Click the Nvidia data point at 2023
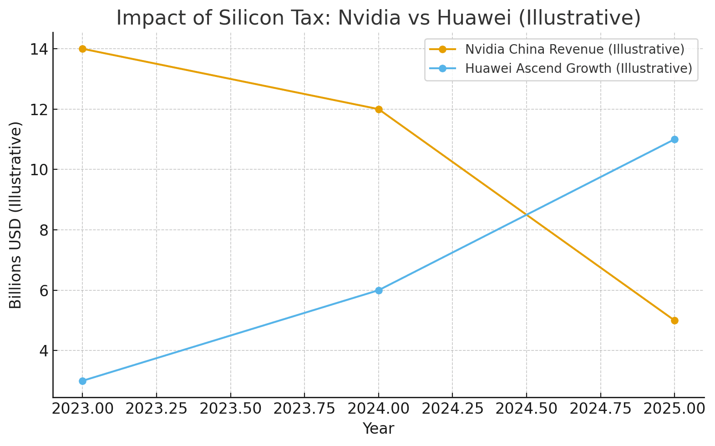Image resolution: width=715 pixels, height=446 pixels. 82,49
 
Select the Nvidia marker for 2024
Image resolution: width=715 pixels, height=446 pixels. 379,109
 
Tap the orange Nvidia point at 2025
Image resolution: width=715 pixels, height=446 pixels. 674,320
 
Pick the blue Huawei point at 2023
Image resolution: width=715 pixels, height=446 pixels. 82,381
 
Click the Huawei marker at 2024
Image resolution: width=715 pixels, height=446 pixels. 379,290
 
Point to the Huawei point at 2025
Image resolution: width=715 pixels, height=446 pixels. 674,139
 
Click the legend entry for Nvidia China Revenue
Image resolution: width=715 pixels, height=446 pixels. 574,49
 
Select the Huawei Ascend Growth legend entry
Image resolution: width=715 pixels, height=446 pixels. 578,68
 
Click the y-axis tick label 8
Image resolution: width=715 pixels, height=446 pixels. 44,230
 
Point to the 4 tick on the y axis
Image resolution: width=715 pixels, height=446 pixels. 44,351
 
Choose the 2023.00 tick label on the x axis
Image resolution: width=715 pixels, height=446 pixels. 82,409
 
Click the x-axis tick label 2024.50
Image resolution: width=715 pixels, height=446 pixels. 527,409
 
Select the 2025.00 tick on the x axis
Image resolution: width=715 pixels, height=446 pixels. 674,409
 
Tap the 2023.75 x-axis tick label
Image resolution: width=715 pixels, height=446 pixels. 304,409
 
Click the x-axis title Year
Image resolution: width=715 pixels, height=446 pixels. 379,429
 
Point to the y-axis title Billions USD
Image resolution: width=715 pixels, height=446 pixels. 16,215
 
